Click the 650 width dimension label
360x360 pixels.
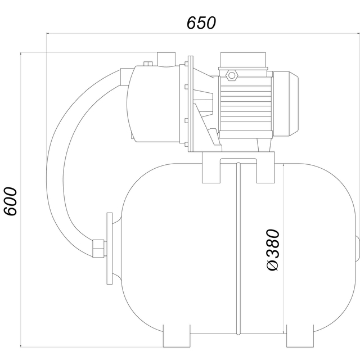pyautogui.click(x=201, y=22)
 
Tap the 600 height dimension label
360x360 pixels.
pyautogui.click(x=11, y=201)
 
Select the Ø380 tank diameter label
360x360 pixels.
pyautogui.click(x=273, y=250)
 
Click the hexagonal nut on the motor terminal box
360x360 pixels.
pyautogui.click(x=232, y=75)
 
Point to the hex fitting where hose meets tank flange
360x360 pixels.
pyautogui.click(x=99, y=249)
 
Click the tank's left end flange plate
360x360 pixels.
pyautogui.click(x=110, y=249)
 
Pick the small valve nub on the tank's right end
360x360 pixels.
pyautogui.click(x=358, y=249)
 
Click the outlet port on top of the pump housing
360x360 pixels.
pyautogui.click(x=166, y=60)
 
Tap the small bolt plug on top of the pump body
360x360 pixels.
pyautogui.click(x=148, y=64)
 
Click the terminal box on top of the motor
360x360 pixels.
pyautogui.click(x=243, y=60)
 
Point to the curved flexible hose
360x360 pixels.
pyautogui.click(x=55, y=161)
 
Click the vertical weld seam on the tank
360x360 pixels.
pyautogui.click(x=238, y=249)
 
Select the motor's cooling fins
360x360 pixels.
pyautogui.click(x=246, y=108)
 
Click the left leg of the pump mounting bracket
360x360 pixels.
pyautogui.click(x=211, y=172)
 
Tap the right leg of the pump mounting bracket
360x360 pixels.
pyautogui.click(x=265, y=172)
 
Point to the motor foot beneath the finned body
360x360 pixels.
pyautogui.click(x=264, y=145)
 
